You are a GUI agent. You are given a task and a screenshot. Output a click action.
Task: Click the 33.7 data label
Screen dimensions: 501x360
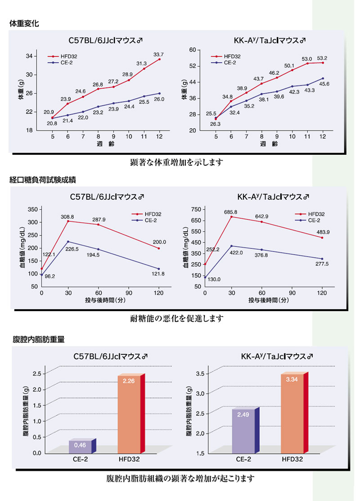(158, 55)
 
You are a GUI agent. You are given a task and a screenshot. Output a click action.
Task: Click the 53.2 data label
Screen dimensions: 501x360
(322, 58)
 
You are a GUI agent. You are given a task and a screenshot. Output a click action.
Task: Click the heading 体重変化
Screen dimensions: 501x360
(24, 23)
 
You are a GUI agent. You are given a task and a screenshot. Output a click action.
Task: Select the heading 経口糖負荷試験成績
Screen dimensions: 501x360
(43, 180)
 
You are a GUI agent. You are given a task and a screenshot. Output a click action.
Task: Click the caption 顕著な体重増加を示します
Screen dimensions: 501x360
(176, 162)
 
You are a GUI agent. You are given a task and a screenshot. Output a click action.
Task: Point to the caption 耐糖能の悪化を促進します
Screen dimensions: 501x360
(176, 318)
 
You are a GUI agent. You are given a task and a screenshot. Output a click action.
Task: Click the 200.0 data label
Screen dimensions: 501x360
(159, 242)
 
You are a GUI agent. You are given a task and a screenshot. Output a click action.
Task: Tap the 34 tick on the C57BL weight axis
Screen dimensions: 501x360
(29, 56)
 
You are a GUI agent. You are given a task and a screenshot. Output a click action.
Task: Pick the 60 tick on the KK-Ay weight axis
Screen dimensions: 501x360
(193, 50)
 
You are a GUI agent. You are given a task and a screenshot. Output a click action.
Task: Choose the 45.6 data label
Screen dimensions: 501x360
(324, 84)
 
